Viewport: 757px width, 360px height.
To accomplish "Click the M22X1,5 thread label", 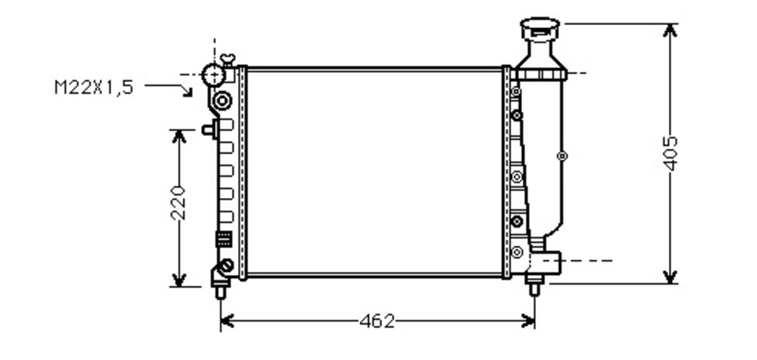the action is (94, 87).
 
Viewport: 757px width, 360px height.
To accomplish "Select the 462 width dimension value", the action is (377, 321).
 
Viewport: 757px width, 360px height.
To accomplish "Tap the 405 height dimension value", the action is (670, 154).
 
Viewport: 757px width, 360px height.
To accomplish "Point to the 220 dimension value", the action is (179, 203).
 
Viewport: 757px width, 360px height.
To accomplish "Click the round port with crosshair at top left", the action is (214, 75).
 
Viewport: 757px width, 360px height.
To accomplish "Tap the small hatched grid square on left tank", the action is (223, 239).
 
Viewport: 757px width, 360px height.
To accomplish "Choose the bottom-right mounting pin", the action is (534, 288).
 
